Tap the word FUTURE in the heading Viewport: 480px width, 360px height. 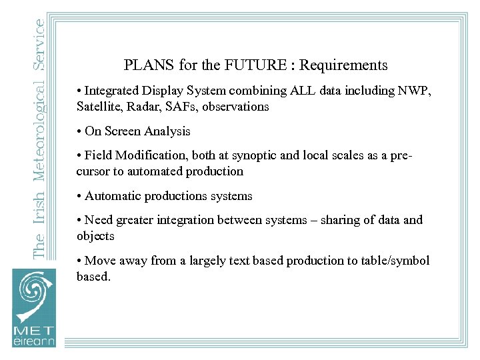pyautogui.click(x=243, y=65)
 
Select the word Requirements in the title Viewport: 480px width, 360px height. pyautogui.click(x=343, y=65)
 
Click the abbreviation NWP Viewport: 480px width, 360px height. pyautogui.click(x=416, y=91)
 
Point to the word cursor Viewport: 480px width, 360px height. pyautogui.click(x=94, y=171)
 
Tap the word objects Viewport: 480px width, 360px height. pyautogui.click(x=95, y=236)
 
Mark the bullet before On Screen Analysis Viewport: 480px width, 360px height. pyautogui.click(x=79, y=131)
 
